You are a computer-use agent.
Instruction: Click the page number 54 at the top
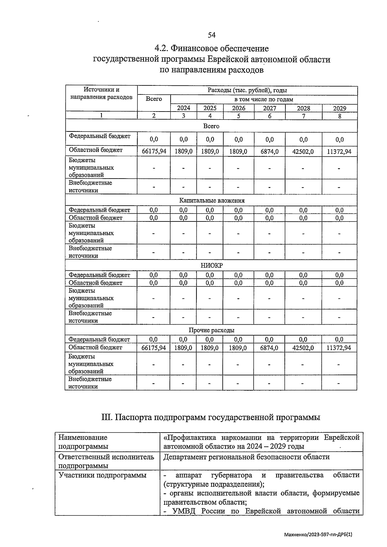coord(212,35)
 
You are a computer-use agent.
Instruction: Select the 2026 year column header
coord(238,108)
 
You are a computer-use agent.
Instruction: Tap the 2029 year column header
coord(339,108)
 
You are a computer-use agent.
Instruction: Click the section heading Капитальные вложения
coord(212,200)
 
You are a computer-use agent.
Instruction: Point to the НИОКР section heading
coord(212,266)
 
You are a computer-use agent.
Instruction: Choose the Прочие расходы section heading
coord(211,330)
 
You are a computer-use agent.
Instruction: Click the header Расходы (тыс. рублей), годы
coord(247,90)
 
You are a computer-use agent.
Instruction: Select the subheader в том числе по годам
coord(263,99)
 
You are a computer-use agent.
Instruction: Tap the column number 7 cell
coord(303,116)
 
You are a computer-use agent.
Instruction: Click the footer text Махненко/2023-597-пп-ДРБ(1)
coord(318,534)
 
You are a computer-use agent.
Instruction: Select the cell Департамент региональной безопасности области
coord(246,457)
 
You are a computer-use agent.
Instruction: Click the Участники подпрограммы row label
coord(102,475)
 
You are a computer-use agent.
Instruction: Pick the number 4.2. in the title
coord(161,49)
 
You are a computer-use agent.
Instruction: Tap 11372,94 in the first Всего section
coord(339,151)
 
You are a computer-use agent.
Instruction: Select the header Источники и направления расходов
coord(101,93)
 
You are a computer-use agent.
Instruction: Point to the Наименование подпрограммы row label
coord(83,442)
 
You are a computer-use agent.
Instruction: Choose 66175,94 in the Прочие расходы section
coord(154,348)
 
